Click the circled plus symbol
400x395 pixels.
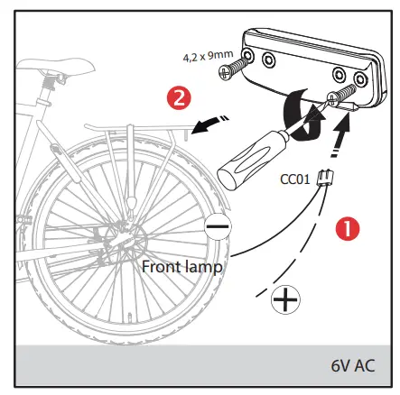pyautogui.click(x=286, y=301)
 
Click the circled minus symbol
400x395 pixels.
pyautogui.click(x=218, y=227)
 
